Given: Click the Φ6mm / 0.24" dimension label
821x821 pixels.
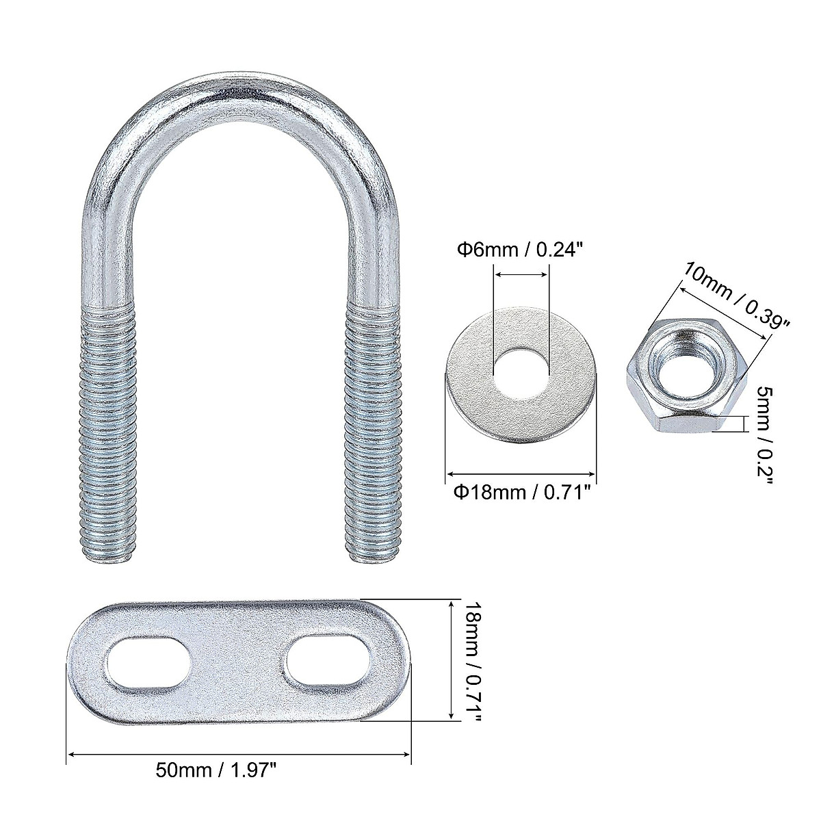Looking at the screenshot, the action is pyautogui.click(x=519, y=250).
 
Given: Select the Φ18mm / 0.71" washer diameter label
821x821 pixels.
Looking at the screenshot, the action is pyautogui.click(x=522, y=493).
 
